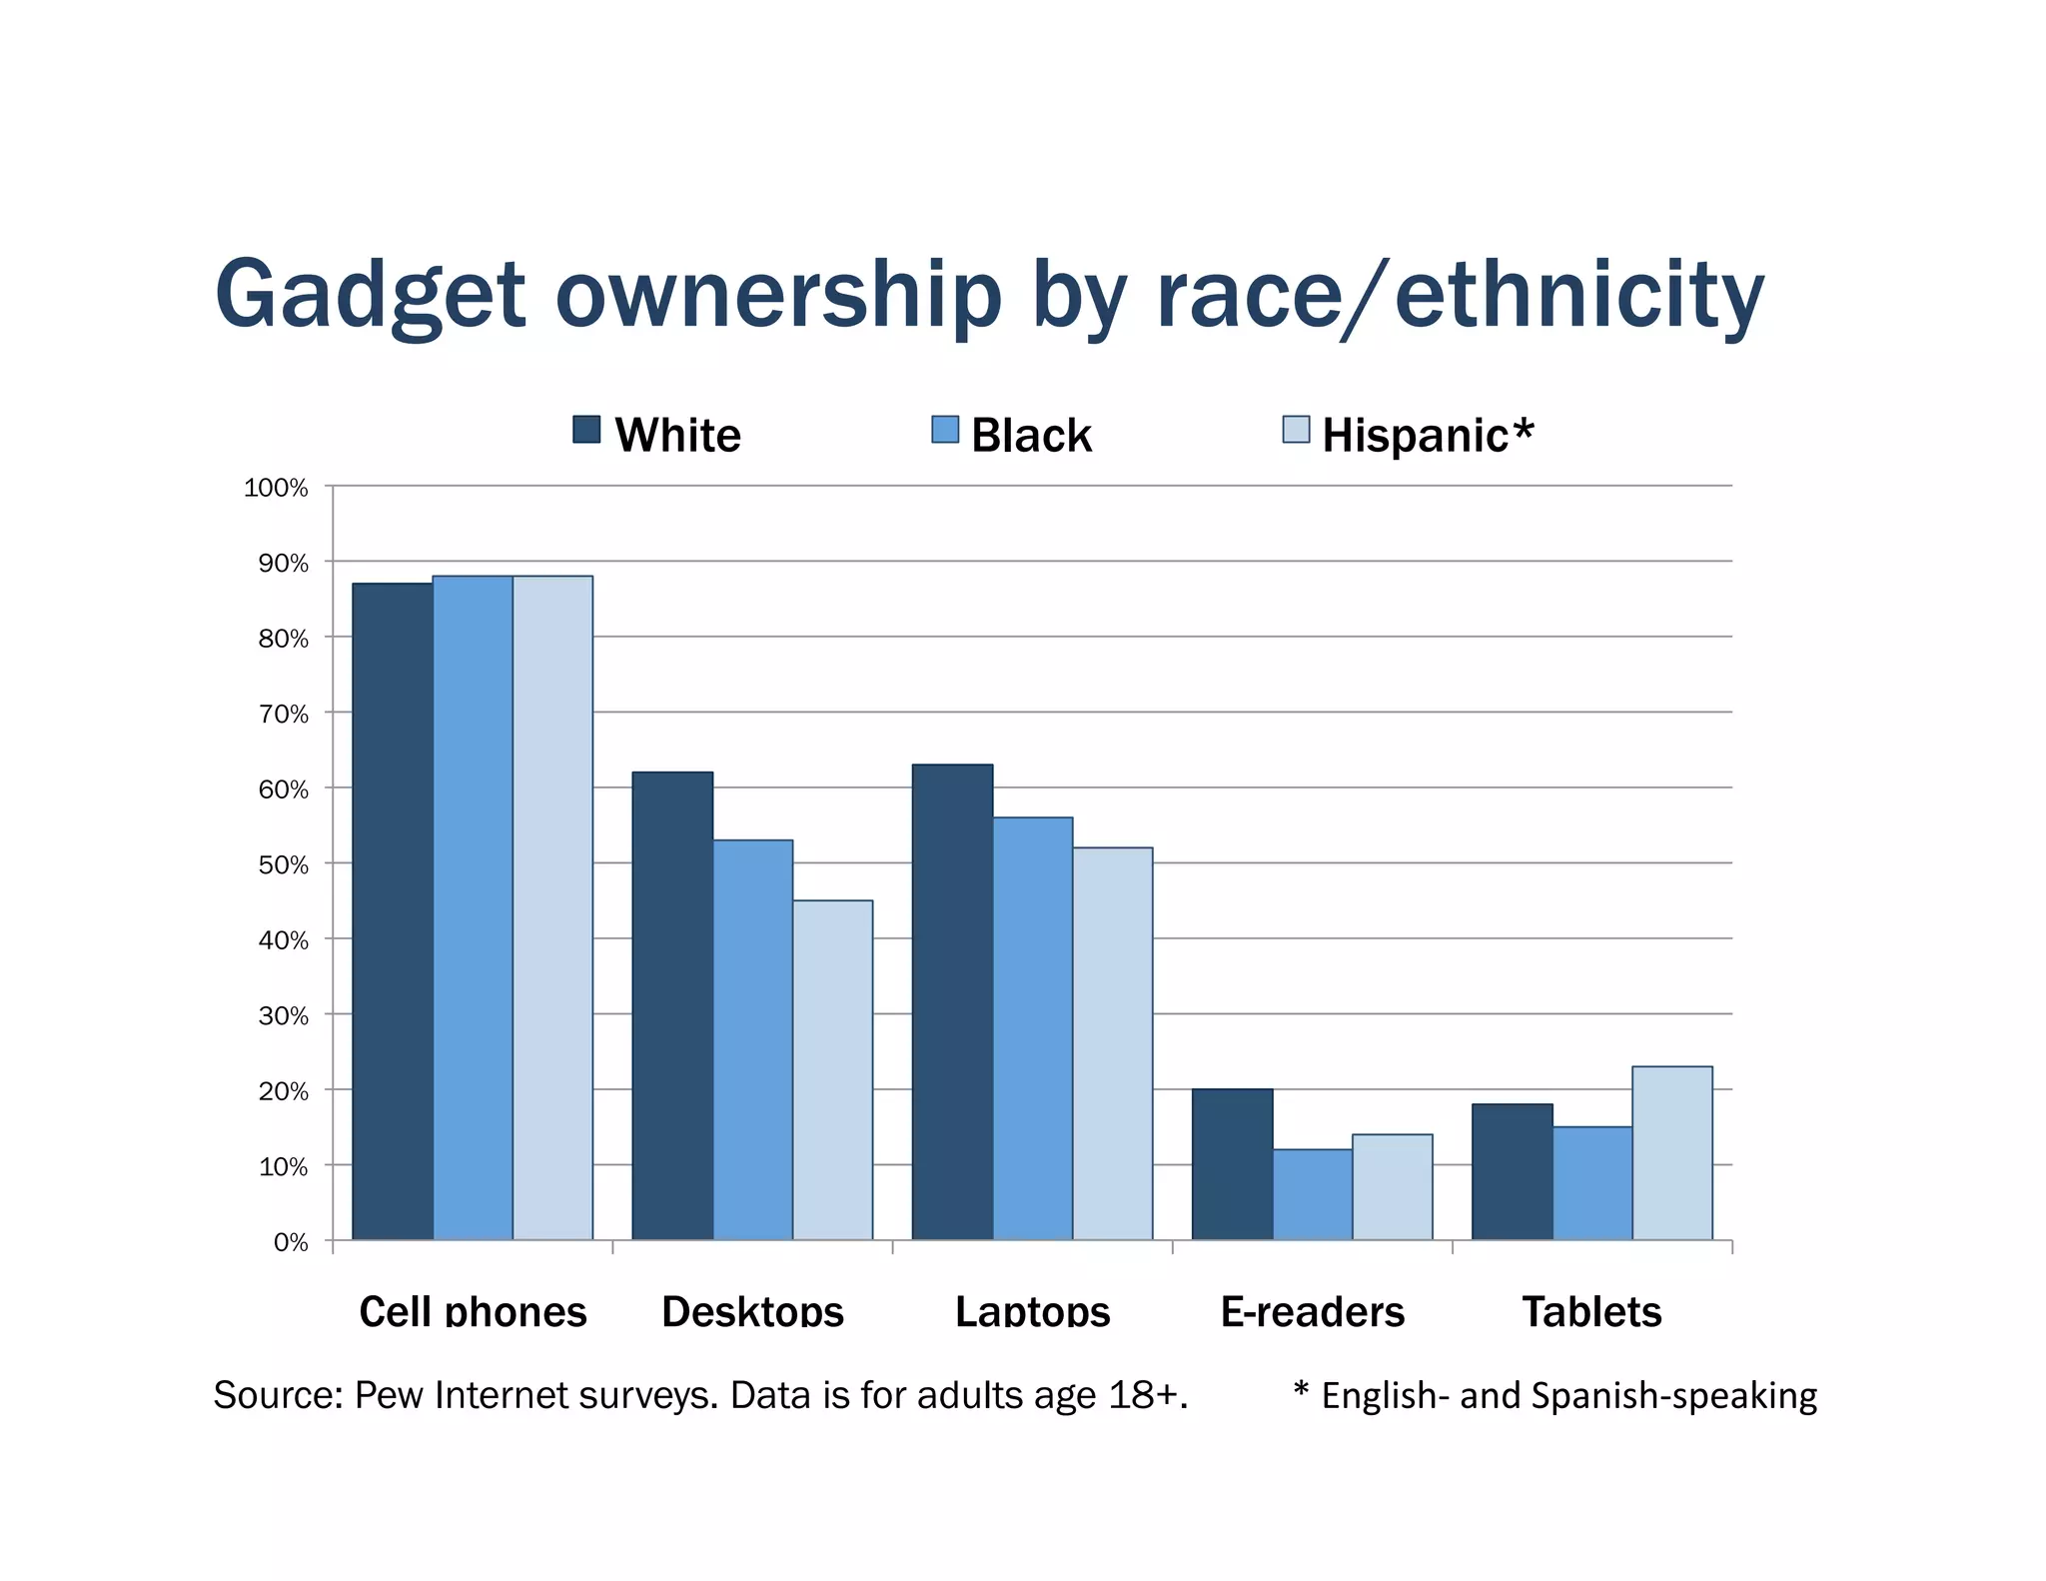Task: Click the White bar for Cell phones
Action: (x=393, y=911)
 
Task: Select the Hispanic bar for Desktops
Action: (x=832, y=1069)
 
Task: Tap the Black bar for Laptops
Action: (x=1032, y=1028)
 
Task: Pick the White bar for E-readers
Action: (x=1232, y=1164)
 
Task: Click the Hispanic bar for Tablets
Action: (x=1671, y=1153)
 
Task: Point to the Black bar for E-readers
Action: (x=1312, y=1194)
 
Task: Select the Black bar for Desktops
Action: (x=752, y=1039)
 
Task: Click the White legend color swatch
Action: (x=586, y=430)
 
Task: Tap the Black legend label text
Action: (x=1031, y=436)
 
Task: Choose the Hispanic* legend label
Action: (x=1427, y=436)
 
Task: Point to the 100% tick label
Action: (x=276, y=488)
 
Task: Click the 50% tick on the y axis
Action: (x=283, y=864)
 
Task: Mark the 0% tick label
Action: (x=290, y=1242)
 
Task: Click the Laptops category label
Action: (x=1032, y=1311)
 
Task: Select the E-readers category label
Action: (x=1312, y=1311)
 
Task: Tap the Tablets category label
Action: (x=1591, y=1311)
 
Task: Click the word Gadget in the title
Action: (x=370, y=297)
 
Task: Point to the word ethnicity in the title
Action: (x=1578, y=295)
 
